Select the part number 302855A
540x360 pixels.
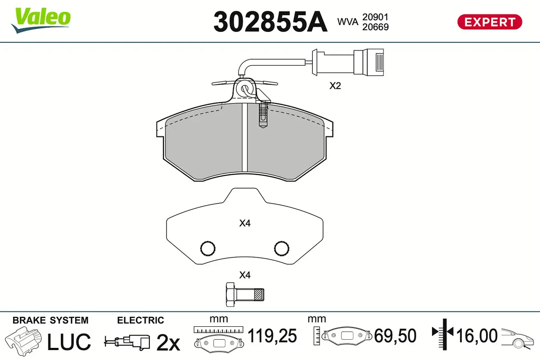pyautogui.click(x=270, y=21)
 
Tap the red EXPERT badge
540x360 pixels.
pyautogui.click(x=490, y=22)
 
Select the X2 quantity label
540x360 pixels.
pyautogui.click(x=335, y=85)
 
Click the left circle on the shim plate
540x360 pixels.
pyautogui.click(x=207, y=247)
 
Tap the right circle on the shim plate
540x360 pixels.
pyautogui.click(x=282, y=247)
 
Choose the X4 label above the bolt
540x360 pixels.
pyautogui.click(x=244, y=275)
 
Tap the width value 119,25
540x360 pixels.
pyautogui.click(x=272, y=336)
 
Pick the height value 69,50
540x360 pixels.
pyautogui.click(x=395, y=336)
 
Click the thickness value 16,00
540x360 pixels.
pyautogui.click(x=477, y=336)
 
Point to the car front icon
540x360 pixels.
pyautogui.click(x=517, y=337)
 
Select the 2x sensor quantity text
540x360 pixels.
pyautogui.click(x=167, y=343)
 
